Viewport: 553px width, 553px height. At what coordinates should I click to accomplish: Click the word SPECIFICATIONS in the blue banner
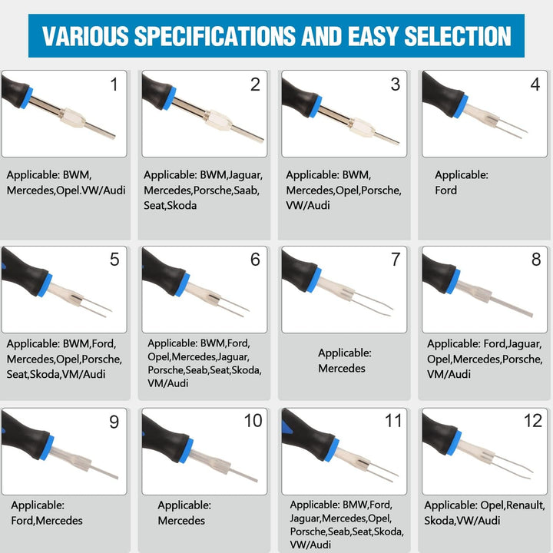215,36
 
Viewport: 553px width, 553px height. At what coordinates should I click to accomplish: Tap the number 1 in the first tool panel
114,84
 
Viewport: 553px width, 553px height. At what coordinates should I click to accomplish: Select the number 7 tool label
396,260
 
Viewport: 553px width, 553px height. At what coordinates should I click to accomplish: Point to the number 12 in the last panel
533,420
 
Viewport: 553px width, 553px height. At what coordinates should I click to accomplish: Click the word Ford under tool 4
445,190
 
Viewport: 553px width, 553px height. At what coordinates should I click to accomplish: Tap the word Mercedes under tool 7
342,368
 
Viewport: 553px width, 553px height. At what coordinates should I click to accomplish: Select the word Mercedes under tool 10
181,521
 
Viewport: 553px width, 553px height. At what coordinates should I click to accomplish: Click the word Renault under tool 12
525,505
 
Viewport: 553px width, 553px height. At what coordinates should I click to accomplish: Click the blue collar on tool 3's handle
316,106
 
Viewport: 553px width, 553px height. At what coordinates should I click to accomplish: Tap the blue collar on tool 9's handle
47,448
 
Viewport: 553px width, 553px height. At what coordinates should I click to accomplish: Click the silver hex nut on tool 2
219,120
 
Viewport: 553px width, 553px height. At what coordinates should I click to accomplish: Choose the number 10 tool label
253,420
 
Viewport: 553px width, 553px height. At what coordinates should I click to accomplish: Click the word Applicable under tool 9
38,505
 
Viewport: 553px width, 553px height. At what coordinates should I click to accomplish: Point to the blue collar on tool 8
453,282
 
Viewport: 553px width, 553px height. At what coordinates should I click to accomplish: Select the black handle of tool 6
164,272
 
